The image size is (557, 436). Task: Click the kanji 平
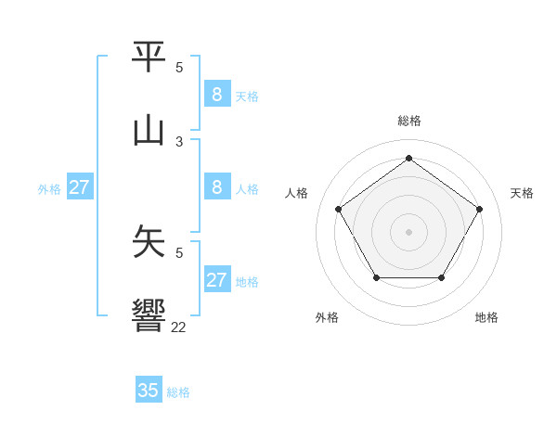coord(149,57)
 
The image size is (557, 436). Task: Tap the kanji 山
coord(149,130)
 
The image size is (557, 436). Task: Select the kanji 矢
coord(149,241)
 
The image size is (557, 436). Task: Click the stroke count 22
coord(179,327)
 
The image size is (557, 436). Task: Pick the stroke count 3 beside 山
coord(179,141)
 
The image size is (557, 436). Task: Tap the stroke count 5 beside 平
coord(179,68)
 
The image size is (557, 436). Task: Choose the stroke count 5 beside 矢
coord(179,251)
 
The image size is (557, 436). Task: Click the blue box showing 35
coord(149,391)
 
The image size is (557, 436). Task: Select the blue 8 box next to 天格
coord(216,95)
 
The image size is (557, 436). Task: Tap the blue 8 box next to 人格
coord(216,187)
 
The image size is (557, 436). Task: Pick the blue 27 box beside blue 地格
coord(216,280)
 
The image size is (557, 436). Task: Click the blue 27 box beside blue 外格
coord(79,187)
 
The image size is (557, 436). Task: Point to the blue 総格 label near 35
coord(178,392)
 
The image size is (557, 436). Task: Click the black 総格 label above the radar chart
coord(408,121)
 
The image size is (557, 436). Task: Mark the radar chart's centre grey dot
coord(408,231)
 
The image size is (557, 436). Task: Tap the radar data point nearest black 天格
coord(479,209)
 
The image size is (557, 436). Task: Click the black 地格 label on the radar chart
coord(486,318)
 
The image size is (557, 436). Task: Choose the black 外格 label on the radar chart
coord(327,318)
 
